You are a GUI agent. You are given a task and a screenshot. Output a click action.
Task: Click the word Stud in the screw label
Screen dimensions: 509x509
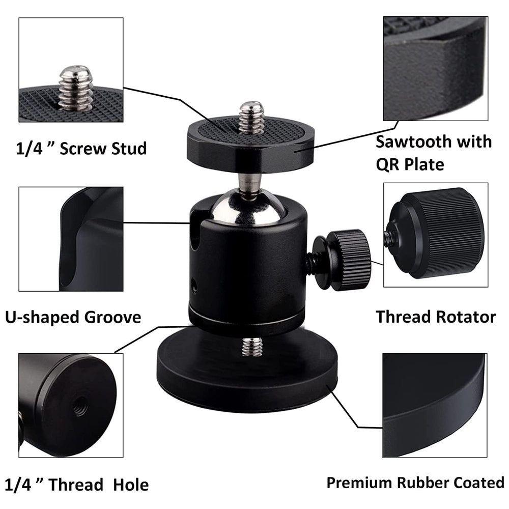[129, 148]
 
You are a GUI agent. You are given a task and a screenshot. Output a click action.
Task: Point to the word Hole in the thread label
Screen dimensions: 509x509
[131, 485]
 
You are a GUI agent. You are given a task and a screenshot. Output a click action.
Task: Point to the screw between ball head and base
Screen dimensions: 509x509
[252, 346]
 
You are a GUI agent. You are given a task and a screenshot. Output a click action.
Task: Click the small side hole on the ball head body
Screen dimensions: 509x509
[194, 286]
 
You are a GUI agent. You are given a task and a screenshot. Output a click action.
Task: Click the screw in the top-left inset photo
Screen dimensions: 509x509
[76, 88]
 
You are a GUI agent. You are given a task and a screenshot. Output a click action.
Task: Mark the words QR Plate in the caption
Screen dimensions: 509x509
[410, 164]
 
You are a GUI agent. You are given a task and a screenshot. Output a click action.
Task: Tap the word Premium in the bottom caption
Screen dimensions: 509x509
[360, 483]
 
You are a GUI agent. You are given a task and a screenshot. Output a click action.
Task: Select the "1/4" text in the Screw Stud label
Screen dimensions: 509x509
[29, 148]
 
